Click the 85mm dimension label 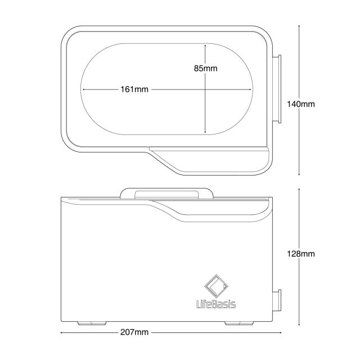tap(205, 68)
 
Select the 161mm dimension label tap(134, 89)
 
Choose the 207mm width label tap(134, 332)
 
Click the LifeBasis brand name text tap(216, 304)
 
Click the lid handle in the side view tap(166, 193)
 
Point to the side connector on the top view tap(277, 88)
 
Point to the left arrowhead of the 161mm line tap(84, 89)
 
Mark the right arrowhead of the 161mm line tap(253, 89)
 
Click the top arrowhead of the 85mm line tap(205, 46)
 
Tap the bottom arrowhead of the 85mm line tap(205, 133)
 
